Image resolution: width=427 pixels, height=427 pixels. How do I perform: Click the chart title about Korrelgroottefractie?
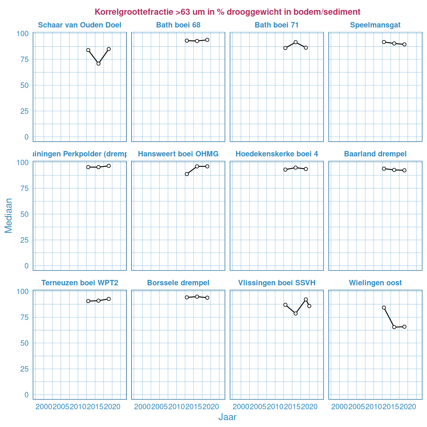tap(227, 12)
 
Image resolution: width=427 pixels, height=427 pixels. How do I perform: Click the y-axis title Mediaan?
tap(9, 215)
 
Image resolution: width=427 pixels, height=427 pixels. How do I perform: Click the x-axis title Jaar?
tap(227, 417)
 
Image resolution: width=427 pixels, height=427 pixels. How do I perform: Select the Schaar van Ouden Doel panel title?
tap(80, 25)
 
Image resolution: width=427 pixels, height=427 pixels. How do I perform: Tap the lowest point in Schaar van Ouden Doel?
tap(98, 64)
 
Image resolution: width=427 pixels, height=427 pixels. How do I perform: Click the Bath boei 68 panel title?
tap(178, 25)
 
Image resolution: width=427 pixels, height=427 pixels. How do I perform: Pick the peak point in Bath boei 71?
tap(295, 42)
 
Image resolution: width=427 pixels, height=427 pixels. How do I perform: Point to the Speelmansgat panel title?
tap(375, 25)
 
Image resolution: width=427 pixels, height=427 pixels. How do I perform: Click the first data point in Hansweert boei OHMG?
tap(187, 174)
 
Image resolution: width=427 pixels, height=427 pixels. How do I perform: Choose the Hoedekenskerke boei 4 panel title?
tap(277, 154)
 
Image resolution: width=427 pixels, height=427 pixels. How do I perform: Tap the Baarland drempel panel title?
tap(375, 154)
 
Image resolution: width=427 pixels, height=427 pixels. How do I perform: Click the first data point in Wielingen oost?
tap(384, 308)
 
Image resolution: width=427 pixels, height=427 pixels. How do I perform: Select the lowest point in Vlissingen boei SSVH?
tap(295, 314)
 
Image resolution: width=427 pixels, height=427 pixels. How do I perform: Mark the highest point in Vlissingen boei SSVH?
tap(306, 299)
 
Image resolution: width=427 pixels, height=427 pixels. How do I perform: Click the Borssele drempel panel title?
tap(178, 283)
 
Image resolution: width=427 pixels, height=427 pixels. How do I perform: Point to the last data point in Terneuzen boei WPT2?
tap(109, 299)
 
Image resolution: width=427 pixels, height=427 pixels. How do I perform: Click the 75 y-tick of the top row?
tap(24, 59)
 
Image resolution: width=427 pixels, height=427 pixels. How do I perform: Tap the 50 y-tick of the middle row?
tap(24, 214)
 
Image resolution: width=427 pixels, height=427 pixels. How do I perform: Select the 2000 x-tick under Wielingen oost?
tap(339, 407)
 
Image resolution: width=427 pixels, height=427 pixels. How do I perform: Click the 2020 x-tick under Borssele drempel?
tap(211, 407)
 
